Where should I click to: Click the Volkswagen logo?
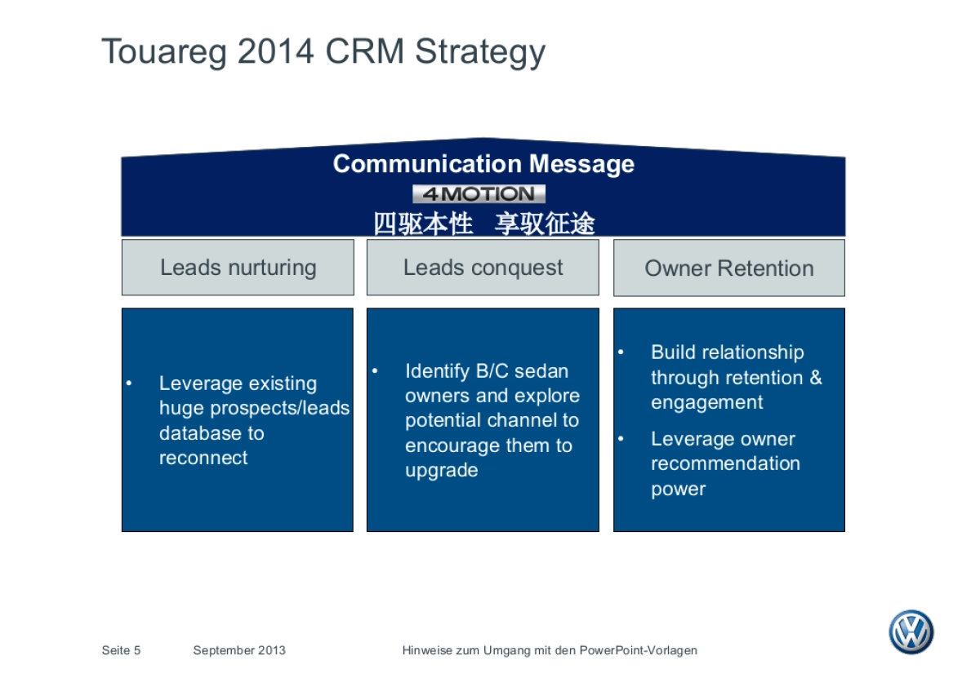click(911, 632)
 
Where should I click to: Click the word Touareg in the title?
click(163, 51)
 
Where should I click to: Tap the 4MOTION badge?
click(479, 194)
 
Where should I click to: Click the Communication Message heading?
click(483, 164)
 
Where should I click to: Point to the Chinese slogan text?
click(483, 223)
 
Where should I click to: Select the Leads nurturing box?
click(238, 268)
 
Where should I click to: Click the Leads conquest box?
click(483, 268)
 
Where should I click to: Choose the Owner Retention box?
click(728, 268)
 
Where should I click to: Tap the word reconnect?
click(203, 458)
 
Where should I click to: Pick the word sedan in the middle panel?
click(541, 371)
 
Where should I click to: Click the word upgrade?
click(441, 471)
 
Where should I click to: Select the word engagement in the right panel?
click(706, 402)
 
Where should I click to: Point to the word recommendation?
click(725, 463)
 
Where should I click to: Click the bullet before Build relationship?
click(621, 352)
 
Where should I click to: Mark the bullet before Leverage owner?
click(621, 439)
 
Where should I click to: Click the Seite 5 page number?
click(121, 650)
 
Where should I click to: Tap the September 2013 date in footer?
click(239, 650)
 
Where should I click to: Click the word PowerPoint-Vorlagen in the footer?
click(639, 650)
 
